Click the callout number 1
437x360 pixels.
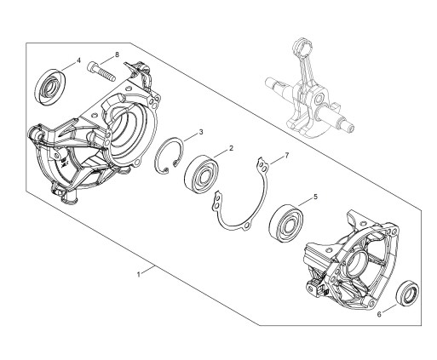point(139,275)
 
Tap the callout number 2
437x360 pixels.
point(231,148)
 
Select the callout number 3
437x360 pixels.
point(201,132)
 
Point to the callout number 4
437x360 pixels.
point(78,60)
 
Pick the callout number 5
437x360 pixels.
point(315,197)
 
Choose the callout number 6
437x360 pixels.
point(379,314)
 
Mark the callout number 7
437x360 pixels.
point(287,155)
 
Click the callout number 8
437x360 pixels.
point(117,54)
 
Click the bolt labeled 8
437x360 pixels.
point(101,71)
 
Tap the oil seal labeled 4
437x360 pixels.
point(49,87)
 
